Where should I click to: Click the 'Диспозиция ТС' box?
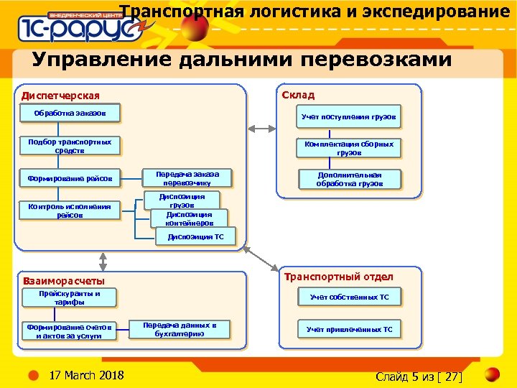click(x=191, y=236)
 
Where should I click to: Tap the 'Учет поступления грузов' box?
click(x=348, y=116)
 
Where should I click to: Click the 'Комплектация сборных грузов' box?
click(x=348, y=149)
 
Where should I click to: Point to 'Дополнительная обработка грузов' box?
click(x=350, y=180)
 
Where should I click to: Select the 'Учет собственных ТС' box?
click(x=349, y=297)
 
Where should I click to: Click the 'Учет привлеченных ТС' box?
click(x=349, y=330)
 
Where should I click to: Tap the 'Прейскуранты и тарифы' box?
click(x=70, y=298)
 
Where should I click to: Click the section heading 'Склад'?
click(x=298, y=96)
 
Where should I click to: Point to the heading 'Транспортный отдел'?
click(x=339, y=277)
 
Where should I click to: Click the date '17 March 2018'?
click(x=85, y=376)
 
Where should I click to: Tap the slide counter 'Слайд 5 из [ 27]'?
click(x=419, y=377)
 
